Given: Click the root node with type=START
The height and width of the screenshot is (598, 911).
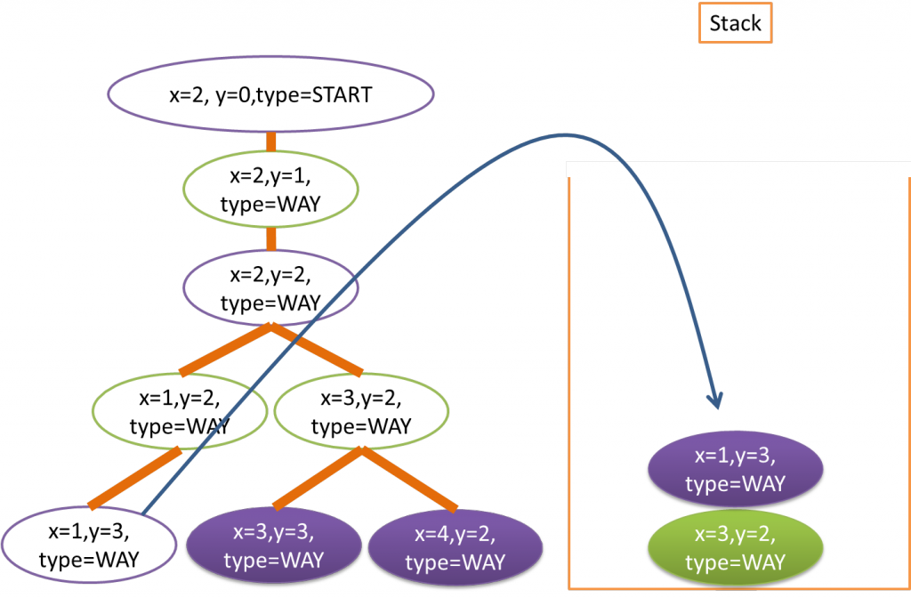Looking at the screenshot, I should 270,93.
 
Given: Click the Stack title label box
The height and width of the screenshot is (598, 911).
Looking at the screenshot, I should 735,23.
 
